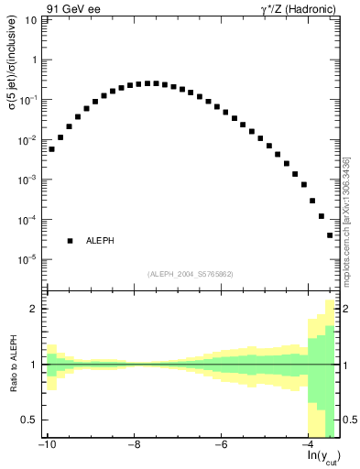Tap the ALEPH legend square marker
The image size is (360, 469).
click(x=70, y=241)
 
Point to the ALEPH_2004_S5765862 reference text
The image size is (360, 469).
click(x=190, y=274)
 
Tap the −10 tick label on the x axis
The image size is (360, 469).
click(x=47, y=445)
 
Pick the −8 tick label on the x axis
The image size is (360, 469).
click(x=135, y=445)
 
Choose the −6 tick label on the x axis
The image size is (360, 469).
click(x=222, y=445)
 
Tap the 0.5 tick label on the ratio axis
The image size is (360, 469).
click(x=30, y=420)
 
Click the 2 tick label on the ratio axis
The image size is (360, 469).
click(x=35, y=310)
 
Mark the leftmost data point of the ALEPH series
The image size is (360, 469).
click(x=52, y=148)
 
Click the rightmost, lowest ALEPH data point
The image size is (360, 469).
click(x=330, y=235)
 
